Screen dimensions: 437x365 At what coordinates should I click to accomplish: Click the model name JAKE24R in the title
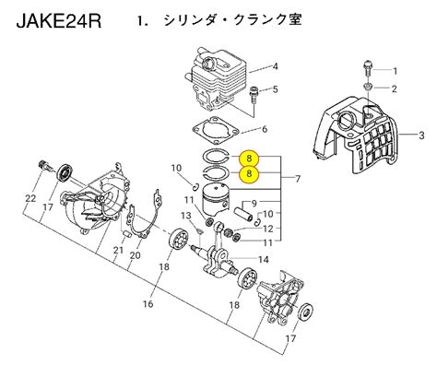pos(58,21)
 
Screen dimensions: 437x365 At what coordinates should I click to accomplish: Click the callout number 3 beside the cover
pos(421,135)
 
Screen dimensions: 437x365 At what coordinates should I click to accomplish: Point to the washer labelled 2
pos(367,87)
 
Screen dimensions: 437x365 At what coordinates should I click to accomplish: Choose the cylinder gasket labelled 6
pos(216,131)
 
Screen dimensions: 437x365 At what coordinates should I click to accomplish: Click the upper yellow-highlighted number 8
pos(249,159)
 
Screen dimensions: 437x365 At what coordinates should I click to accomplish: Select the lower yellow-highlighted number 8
pos(249,173)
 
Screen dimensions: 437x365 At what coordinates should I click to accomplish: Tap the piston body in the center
pos(215,200)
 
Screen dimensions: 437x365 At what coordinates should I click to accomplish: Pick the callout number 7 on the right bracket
pos(298,179)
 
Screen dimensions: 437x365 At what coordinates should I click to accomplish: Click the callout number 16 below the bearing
pos(148,304)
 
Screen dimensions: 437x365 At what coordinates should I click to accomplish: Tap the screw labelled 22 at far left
pos(45,166)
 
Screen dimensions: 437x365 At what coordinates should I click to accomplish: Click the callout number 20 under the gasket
pos(136,255)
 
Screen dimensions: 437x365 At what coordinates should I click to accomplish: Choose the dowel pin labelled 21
pos(127,234)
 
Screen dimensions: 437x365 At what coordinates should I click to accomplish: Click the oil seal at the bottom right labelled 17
pos(306,312)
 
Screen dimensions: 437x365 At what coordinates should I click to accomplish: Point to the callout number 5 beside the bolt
pos(276,89)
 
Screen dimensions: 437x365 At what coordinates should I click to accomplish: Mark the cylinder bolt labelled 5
pos(254,95)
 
